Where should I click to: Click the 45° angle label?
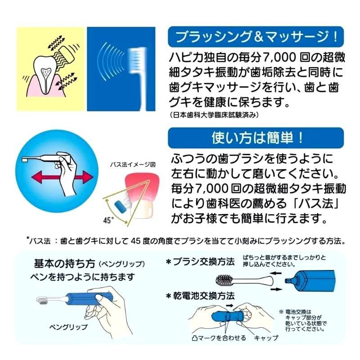click(x=107, y=221)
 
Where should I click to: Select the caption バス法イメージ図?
click(x=133, y=165)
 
